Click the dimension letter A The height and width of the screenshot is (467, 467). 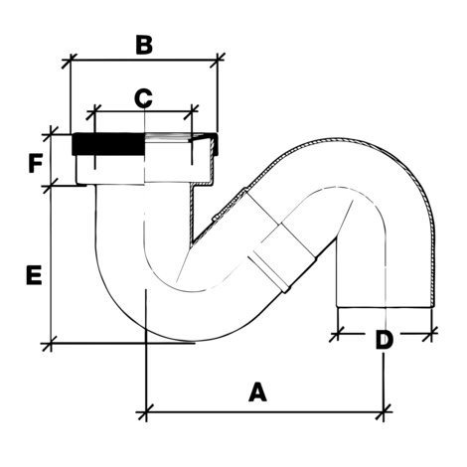pos(257,391)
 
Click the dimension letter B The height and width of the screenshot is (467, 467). pos(144,45)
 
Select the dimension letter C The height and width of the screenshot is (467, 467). pos(143,98)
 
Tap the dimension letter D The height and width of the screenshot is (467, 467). pos(385,340)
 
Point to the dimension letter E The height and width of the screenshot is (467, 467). pos(34,275)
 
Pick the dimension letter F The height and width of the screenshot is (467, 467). pos(35,163)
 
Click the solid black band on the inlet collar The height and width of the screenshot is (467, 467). pos(108,144)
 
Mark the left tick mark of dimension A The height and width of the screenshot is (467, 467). pos(146,412)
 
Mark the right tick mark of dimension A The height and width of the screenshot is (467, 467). pos(384,412)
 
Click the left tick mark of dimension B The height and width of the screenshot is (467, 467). pos(71,61)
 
